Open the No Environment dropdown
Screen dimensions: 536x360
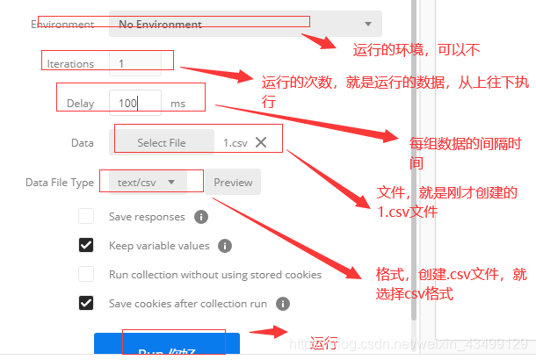tap(245, 25)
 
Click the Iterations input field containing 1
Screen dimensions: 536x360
tap(141, 64)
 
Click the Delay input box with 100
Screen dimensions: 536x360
tap(135, 103)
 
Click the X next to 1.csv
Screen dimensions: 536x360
tap(261, 142)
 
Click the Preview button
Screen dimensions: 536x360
tap(233, 183)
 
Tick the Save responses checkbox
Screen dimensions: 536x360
tap(86, 216)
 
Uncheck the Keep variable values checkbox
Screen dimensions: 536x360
tap(86, 245)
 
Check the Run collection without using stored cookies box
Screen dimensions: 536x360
tap(86, 274)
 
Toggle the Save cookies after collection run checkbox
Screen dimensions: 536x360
tap(86, 303)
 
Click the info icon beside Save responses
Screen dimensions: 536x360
tap(200, 217)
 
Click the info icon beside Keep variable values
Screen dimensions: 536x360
tap(225, 246)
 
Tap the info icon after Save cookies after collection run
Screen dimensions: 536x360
tap(283, 304)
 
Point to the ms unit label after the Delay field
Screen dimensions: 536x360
tap(177, 104)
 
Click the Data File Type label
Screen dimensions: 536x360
tap(60, 183)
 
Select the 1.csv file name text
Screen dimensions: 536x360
tap(235, 142)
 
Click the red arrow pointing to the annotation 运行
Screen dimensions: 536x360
tap(268, 332)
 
